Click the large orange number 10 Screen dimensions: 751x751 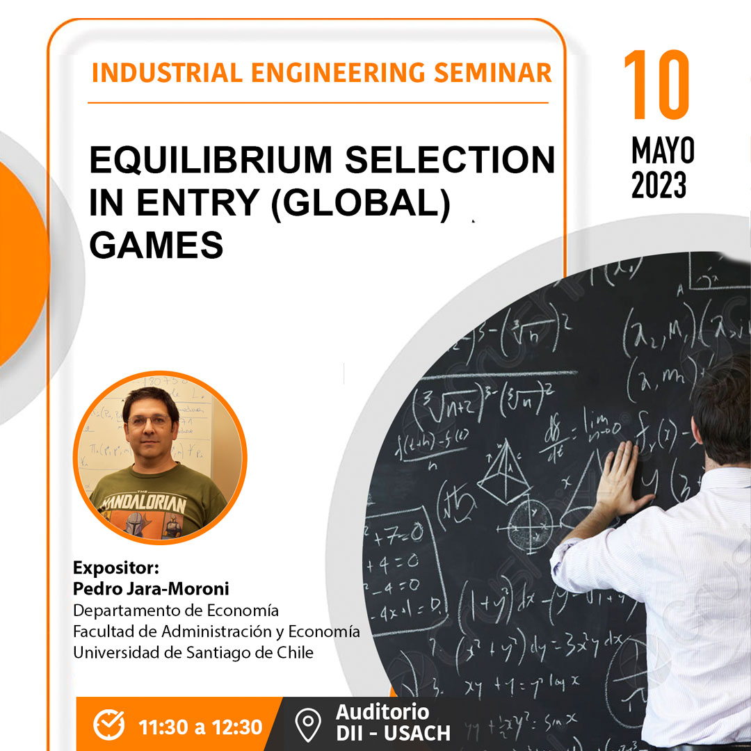(656, 85)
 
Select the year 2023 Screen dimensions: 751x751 (659, 184)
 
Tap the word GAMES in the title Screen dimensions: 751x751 (156, 245)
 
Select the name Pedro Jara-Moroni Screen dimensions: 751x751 (151, 590)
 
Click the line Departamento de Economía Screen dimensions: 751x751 (176, 611)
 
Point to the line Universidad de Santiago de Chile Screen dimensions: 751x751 (193, 652)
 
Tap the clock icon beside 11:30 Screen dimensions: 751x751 (109, 726)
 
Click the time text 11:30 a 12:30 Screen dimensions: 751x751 (200, 727)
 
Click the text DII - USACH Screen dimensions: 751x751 (393, 733)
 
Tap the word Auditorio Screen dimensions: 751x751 (382, 712)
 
